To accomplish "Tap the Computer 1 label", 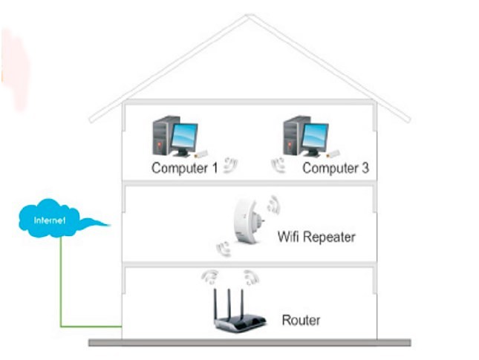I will click(x=184, y=168).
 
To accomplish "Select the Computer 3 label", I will click(x=335, y=168).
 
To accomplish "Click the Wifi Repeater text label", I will click(x=316, y=238).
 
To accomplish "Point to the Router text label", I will click(x=301, y=321).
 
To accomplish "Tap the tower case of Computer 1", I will click(x=161, y=137).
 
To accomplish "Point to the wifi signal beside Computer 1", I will click(x=231, y=166).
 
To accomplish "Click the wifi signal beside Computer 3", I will click(x=278, y=166).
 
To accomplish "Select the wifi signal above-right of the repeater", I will click(x=273, y=203).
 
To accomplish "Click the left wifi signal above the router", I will click(x=211, y=278).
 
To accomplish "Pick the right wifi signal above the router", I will click(x=253, y=278).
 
